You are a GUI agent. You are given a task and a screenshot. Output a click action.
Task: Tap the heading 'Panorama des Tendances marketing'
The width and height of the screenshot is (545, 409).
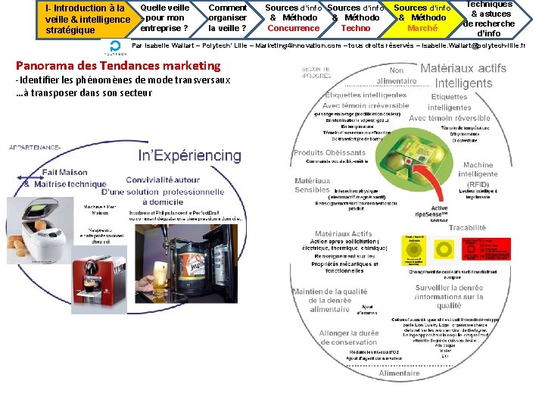pos(117,66)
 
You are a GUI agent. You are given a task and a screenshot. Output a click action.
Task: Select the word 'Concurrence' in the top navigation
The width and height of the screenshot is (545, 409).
pos(294,28)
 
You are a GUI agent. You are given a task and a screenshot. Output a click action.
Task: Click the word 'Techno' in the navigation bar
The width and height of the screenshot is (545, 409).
pos(356,28)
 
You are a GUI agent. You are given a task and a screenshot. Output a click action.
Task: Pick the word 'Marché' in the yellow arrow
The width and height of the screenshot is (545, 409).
pos(422,28)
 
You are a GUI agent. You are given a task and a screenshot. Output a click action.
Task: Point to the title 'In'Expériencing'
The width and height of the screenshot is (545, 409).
pos(190,156)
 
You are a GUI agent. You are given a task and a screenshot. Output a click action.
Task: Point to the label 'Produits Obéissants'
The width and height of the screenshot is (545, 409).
pos(319,153)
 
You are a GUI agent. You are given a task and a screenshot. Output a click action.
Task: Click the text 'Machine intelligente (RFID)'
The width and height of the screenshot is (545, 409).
pos(478,174)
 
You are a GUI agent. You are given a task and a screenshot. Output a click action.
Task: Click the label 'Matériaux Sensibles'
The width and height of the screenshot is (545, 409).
pos(313,186)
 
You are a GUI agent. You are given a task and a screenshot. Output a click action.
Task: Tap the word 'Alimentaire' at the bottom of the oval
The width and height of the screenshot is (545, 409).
pos(399,373)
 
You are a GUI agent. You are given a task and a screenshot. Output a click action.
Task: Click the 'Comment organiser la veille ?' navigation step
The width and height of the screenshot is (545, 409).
pos(227,17)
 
